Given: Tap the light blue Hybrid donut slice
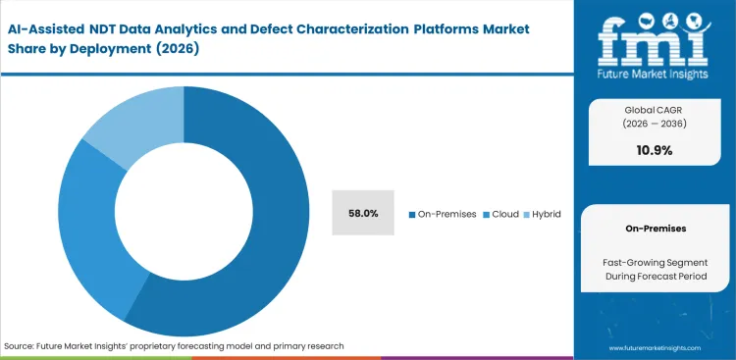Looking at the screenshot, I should click(x=128, y=128).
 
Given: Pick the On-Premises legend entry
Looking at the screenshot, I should click(x=442, y=213).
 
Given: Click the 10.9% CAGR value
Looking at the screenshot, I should click(x=655, y=150).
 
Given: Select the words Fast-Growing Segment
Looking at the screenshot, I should click(x=655, y=262).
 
